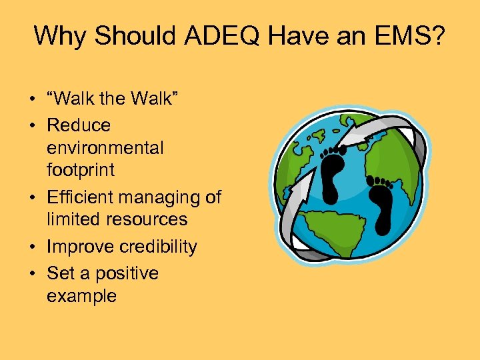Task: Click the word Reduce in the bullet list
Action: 79,125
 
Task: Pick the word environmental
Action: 105,147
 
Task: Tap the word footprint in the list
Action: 81,170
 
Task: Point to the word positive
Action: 127,274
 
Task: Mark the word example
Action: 81,296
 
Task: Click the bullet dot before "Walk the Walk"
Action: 32,99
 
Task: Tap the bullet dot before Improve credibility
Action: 32,247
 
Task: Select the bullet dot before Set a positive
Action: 32,274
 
